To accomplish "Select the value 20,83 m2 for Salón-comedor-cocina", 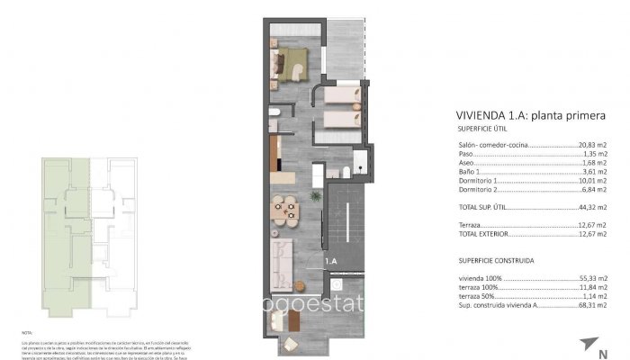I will [x=592, y=146].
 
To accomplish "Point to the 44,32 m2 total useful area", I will [x=592, y=208].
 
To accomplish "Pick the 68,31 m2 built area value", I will [x=592, y=307].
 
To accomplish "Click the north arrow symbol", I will [x=589, y=343].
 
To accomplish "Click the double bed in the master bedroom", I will [x=291, y=64].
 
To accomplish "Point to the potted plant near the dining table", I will [x=315, y=195].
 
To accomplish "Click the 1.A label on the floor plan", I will [x=331, y=261].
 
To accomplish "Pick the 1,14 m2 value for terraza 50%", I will [x=592, y=298].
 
